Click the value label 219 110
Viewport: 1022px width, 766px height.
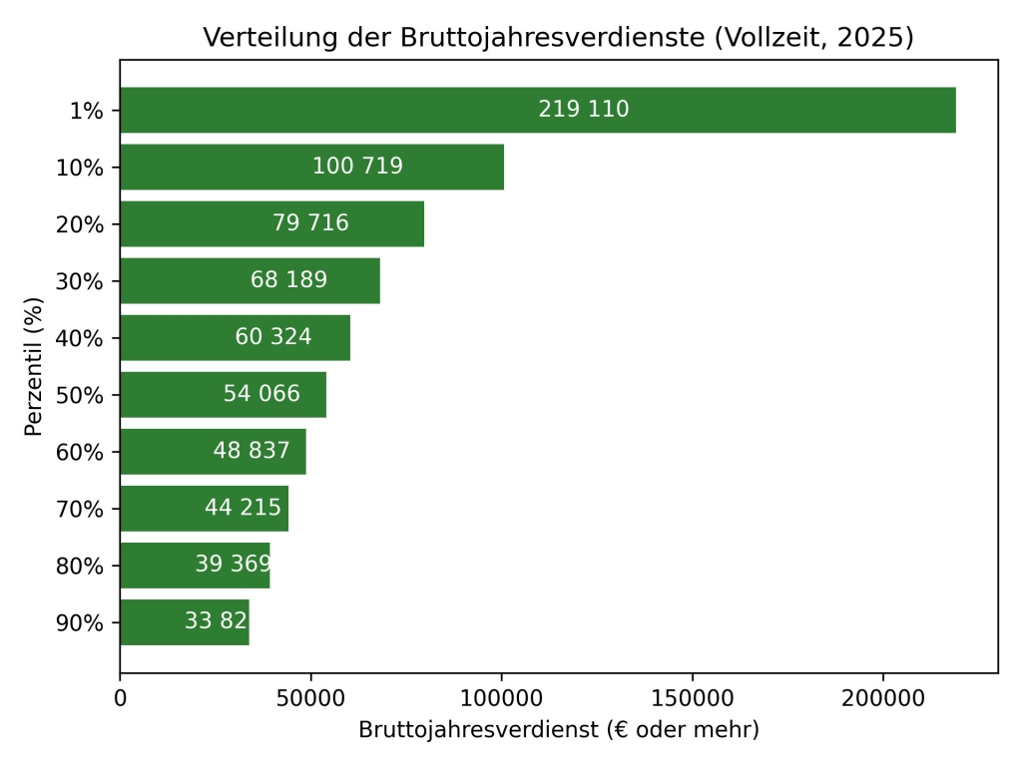584,110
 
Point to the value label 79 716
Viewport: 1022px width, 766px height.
310,223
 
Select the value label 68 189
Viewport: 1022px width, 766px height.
288,280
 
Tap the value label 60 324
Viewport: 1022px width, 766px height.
273,337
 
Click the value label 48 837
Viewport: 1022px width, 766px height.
252,451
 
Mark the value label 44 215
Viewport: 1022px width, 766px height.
244,508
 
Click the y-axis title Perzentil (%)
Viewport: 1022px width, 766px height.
35,366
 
